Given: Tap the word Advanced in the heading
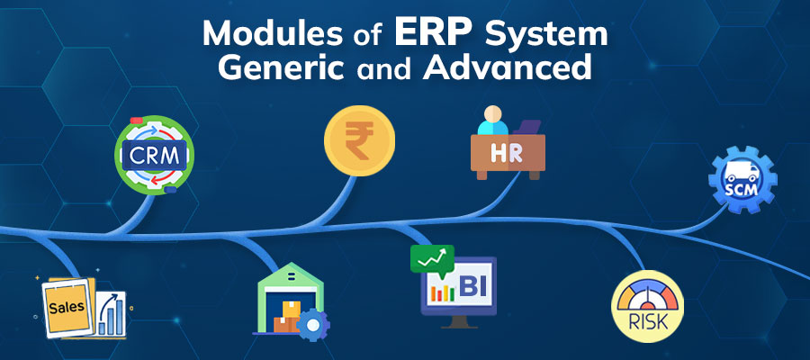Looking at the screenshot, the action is click(x=507, y=67).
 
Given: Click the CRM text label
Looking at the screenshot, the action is click(x=154, y=155).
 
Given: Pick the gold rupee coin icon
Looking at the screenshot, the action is click(x=359, y=141).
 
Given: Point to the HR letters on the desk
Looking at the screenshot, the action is click(x=508, y=153).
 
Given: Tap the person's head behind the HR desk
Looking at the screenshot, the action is click(x=492, y=113).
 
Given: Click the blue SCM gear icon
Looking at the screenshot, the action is click(x=742, y=180).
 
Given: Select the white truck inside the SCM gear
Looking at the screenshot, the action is click(x=742, y=172).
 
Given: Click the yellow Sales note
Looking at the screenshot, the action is click(x=67, y=307).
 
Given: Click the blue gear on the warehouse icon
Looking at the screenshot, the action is click(x=312, y=324).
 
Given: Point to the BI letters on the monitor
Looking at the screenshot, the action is click(x=472, y=288).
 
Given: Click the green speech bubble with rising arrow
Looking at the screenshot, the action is click(x=432, y=259).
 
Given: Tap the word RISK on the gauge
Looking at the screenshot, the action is click(x=648, y=323).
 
